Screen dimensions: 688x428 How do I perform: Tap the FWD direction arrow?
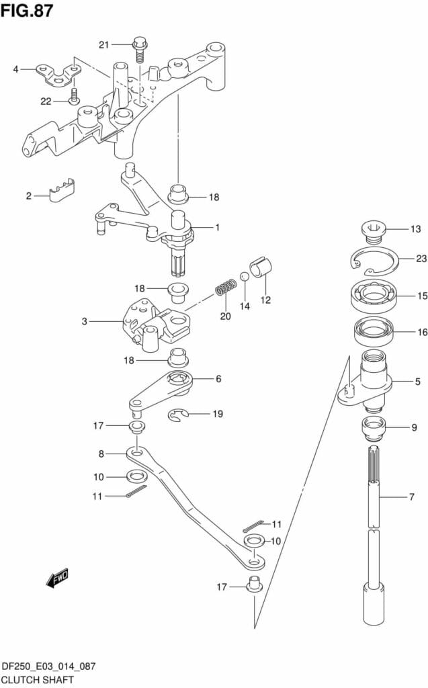pyautogui.click(x=58, y=577)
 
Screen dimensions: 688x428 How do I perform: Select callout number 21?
pyautogui.click(x=103, y=44)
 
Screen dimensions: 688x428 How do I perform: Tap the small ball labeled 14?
pyautogui.click(x=245, y=277)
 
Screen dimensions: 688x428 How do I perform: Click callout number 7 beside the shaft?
pyautogui.click(x=411, y=498)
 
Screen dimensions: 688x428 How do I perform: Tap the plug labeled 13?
pyautogui.click(x=374, y=230)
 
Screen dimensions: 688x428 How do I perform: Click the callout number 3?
pyautogui.click(x=85, y=321)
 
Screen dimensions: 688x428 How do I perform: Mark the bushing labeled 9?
pyautogui.click(x=374, y=426)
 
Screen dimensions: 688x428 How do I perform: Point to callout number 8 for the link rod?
pyautogui.click(x=101, y=454)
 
